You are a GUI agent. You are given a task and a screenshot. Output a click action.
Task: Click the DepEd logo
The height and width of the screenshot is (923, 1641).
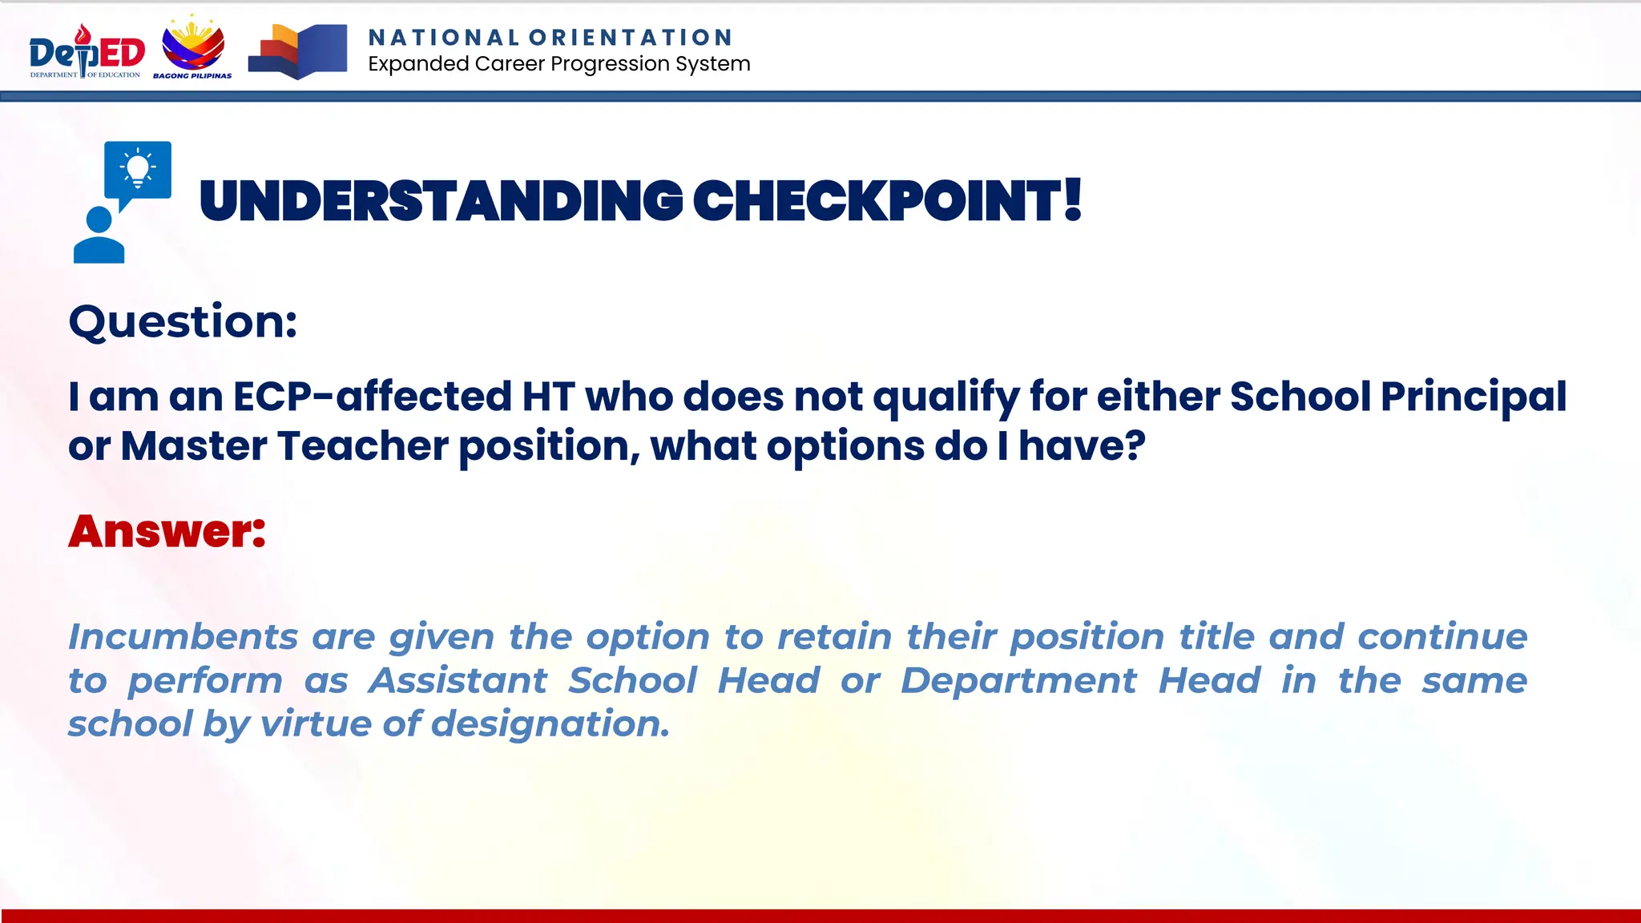(x=87, y=52)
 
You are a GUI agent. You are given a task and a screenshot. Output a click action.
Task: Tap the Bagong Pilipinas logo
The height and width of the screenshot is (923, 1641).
(x=193, y=49)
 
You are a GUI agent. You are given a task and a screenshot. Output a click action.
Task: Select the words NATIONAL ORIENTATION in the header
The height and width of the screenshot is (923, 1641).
(x=550, y=38)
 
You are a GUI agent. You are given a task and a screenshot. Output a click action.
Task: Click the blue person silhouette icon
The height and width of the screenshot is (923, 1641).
(x=99, y=236)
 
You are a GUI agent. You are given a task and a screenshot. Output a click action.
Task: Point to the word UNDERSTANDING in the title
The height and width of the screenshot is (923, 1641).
(x=441, y=201)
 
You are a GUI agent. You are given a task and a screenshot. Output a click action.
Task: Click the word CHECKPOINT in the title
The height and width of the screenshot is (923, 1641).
(x=877, y=201)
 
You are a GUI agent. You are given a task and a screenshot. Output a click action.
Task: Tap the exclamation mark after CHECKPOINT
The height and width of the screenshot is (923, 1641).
(x=1073, y=200)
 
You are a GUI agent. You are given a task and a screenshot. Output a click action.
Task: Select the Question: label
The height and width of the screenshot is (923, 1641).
(x=183, y=322)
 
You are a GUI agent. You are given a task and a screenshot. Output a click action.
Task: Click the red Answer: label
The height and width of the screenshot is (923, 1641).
(x=167, y=531)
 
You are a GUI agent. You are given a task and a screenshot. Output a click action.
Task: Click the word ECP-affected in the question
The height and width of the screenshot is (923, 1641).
(x=372, y=397)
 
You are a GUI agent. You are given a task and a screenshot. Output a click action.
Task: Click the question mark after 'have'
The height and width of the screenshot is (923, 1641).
(x=1135, y=445)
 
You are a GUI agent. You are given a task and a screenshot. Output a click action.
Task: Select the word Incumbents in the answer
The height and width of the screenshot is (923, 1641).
(x=183, y=637)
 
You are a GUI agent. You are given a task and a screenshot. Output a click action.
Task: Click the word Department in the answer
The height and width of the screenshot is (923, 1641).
(x=1018, y=681)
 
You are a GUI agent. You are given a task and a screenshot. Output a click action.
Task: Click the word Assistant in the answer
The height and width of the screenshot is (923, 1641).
(x=458, y=681)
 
